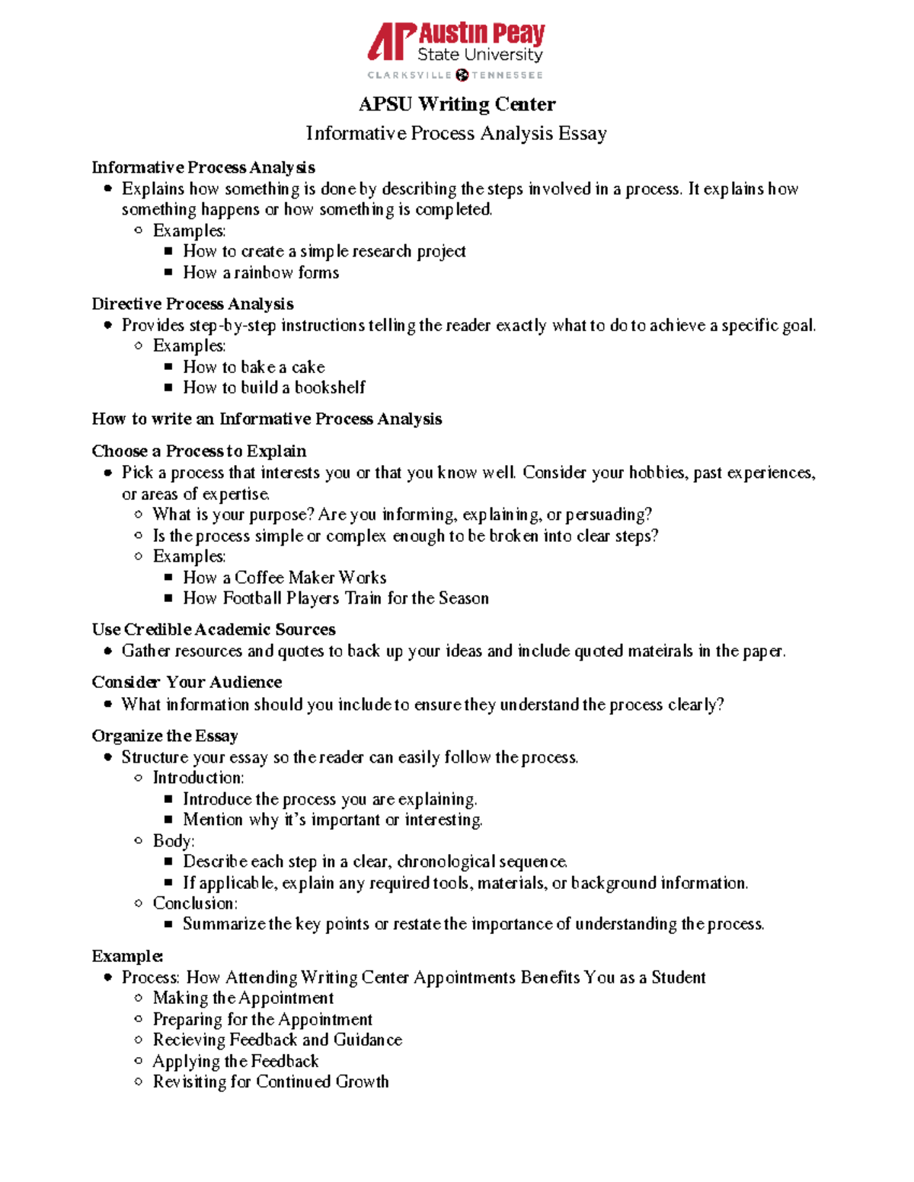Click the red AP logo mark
click(x=391, y=41)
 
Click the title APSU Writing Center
click(x=457, y=104)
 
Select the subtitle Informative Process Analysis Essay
click(x=456, y=133)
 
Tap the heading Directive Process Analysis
click(x=193, y=304)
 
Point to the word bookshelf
click(x=330, y=387)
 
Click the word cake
click(x=308, y=367)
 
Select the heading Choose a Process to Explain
click(x=199, y=451)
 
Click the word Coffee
click(x=259, y=578)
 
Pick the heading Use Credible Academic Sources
click(x=213, y=629)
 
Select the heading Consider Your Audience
click(x=187, y=682)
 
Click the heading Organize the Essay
click(x=165, y=736)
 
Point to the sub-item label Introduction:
click(x=198, y=778)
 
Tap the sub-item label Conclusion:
click(x=195, y=903)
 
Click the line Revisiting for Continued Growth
click(x=270, y=1082)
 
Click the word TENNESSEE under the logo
click(x=507, y=75)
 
